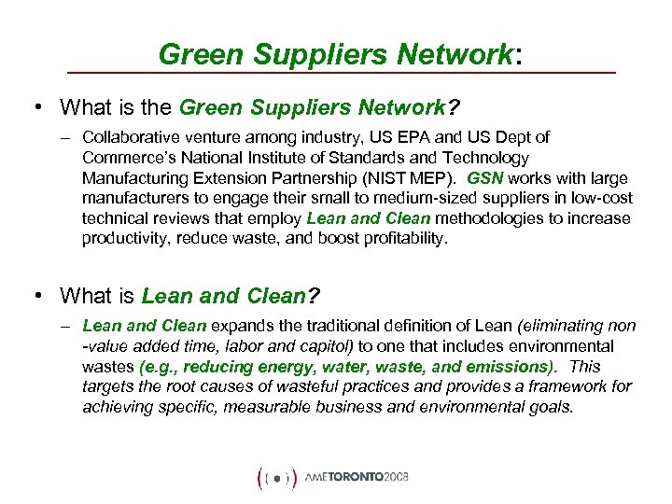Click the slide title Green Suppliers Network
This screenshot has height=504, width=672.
coord(335,54)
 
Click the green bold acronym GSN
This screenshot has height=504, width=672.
coord(485,177)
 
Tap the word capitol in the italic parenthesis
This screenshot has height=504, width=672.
coord(292,346)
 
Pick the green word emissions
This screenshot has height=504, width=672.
coord(511,367)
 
